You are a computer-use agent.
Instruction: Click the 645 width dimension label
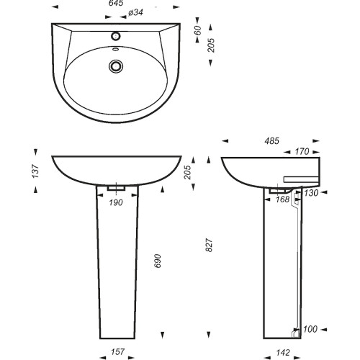pyautogui.click(x=116, y=3)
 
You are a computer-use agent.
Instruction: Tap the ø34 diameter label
pyautogui.click(x=136, y=12)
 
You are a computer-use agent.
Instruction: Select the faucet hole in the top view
pyautogui.click(x=116, y=36)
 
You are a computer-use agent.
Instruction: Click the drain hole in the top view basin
pyautogui.click(x=116, y=66)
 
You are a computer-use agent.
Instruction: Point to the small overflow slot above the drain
pyautogui.click(x=116, y=50)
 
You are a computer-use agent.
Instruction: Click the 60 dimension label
pyautogui.click(x=198, y=30)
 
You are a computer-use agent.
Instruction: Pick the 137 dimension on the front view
pyautogui.click(x=35, y=171)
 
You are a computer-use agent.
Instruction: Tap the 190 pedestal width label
pyautogui.click(x=116, y=202)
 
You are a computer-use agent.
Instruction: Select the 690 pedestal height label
pyautogui.click(x=157, y=261)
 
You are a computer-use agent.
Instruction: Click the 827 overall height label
pyautogui.click(x=209, y=245)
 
